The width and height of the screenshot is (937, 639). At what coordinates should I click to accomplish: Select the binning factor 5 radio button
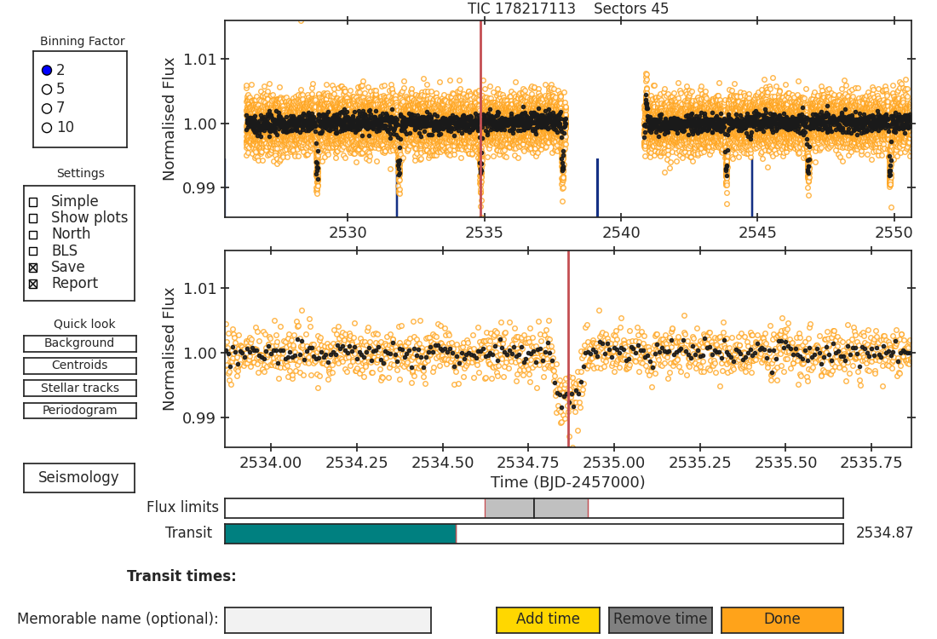click(x=47, y=89)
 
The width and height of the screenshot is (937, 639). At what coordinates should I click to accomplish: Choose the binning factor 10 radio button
click(x=47, y=128)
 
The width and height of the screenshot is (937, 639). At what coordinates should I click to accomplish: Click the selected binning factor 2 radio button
click(x=47, y=71)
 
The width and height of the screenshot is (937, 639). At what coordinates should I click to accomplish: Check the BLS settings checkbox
click(x=33, y=251)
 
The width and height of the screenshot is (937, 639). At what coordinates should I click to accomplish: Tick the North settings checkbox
click(x=33, y=235)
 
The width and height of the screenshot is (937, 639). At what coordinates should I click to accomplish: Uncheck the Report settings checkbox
click(x=33, y=285)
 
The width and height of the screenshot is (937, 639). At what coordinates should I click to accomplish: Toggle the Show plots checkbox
click(x=33, y=219)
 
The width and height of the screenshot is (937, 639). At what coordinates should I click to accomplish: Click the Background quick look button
click(x=80, y=343)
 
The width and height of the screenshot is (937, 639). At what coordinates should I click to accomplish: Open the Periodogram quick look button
click(x=80, y=411)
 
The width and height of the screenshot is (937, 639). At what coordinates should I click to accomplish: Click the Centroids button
click(x=80, y=366)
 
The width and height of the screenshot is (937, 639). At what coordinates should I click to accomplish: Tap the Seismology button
click(x=79, y=478)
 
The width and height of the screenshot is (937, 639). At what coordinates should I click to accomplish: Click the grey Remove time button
click(x=660, y=620)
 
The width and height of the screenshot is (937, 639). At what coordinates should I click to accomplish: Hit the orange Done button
click(x=782, y=620)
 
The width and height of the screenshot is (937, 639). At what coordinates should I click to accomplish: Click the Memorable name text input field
click(x=328, y=620)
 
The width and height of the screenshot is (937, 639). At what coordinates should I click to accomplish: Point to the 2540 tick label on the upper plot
click(x=621, y=233)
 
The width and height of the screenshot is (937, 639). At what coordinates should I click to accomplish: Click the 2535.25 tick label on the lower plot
click(x=699, y=463)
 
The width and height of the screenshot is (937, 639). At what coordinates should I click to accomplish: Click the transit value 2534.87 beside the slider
click(x=884, y=532)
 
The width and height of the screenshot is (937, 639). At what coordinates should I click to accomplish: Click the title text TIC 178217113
click(x=521, y=9)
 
